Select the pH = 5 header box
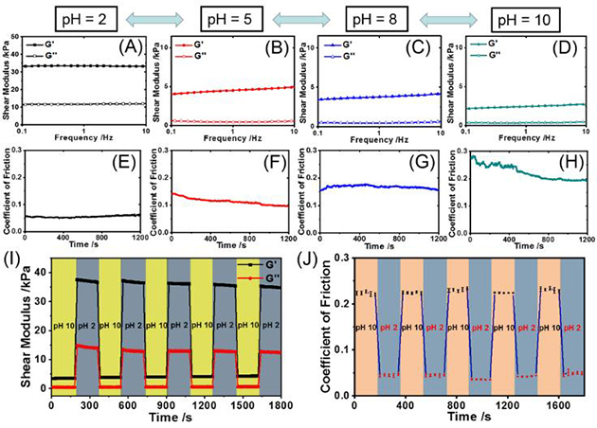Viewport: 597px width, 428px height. pyautogui.click(x=230, y=16)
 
